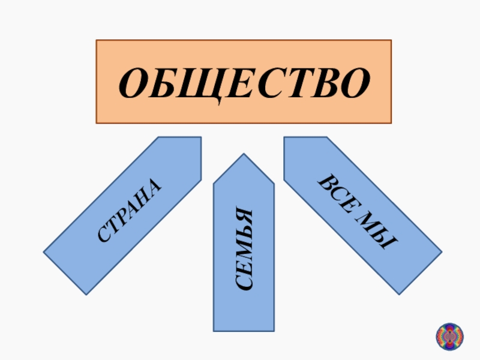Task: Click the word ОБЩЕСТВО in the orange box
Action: pyautogui.click(x=244, y=83)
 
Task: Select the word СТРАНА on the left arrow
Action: pyautogui.click(x=130, y=211)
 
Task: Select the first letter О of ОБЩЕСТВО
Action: pyautogui.click(x=134, y=83)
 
